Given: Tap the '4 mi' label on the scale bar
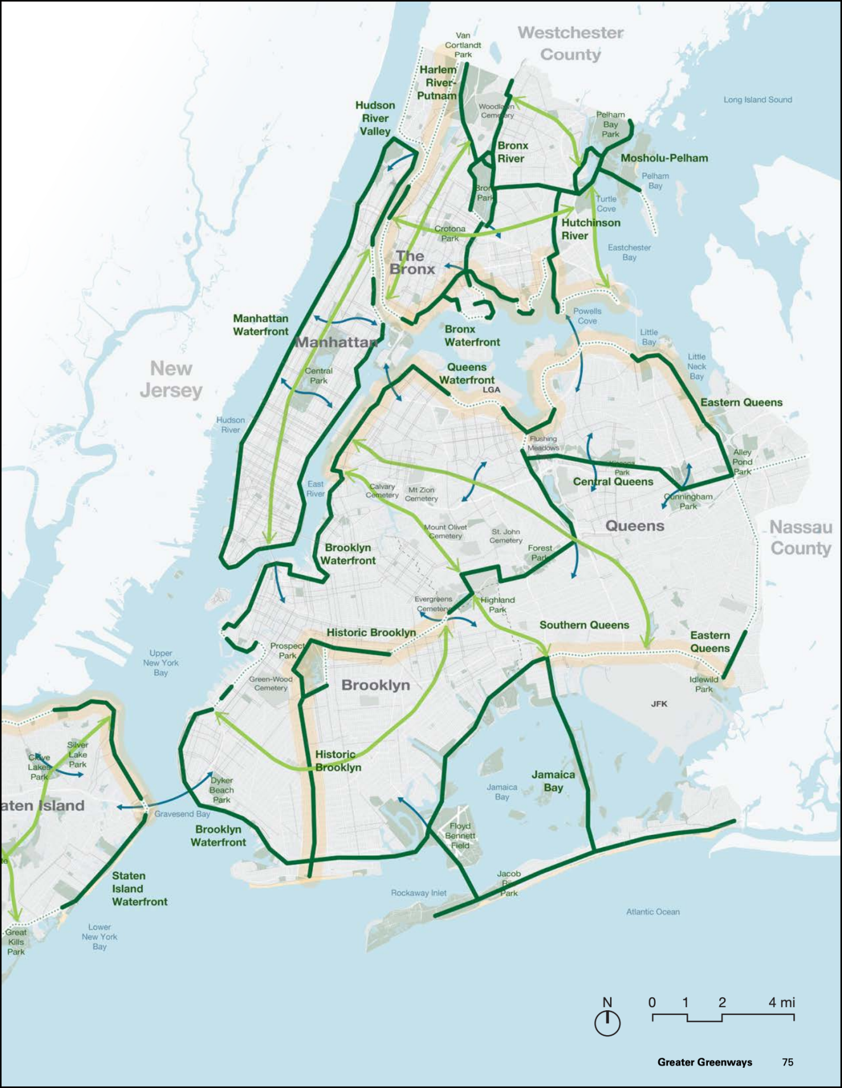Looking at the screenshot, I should (781, 1003).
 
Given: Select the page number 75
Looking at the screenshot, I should (787, 1062).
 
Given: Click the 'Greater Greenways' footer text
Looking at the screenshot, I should (704, 1062).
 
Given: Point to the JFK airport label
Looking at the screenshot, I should (659, 704).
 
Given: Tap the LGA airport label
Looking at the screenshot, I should (491, 390).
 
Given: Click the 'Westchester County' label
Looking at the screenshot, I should (570, 43).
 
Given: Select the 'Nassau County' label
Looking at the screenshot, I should (800, 538).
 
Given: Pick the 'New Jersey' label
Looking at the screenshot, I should (171, 379).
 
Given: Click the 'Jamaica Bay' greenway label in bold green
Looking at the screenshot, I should (553, 781).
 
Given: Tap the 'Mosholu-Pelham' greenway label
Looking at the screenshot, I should (664, 158).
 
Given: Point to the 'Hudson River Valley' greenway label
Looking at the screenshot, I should (375, 118).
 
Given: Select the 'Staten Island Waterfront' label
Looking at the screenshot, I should (139, 889).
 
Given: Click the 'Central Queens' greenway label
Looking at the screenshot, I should (613, 482).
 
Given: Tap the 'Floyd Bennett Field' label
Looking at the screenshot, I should (460, 836).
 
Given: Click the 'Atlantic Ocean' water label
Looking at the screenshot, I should (653, 912).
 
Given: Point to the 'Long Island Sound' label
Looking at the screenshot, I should (757, 100).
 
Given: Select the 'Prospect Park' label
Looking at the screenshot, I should (287, 651).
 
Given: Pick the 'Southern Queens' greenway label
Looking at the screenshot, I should (584, 625).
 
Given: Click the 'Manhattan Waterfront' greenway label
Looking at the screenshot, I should (260, 325).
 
